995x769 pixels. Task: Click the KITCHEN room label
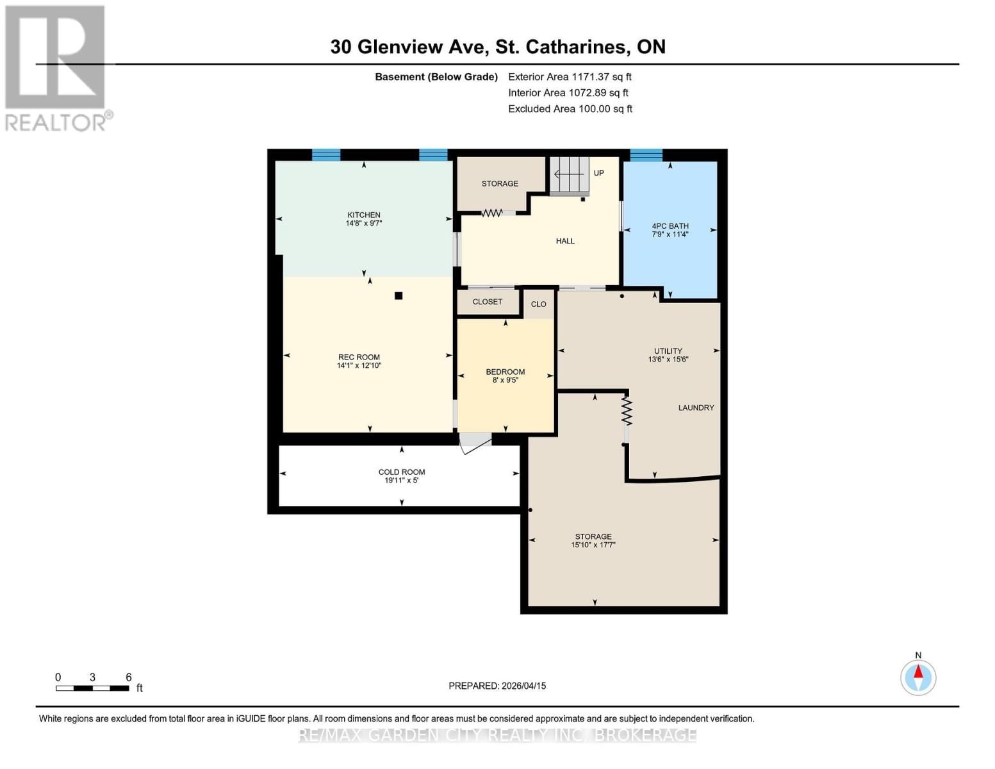tap(363, 215)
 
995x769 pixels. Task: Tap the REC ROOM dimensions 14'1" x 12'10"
tap(359, 366)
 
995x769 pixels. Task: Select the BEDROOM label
tap(505, 372)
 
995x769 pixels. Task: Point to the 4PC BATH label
tap(670, 226)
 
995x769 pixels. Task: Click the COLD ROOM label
tap(401, 472)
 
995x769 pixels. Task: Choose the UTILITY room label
tap(668, 351)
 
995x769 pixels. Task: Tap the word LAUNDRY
tap(696, 408)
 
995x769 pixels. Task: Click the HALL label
tap(564, 241)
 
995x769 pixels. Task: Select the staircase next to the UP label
tap(570, 174)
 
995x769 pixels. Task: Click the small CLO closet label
tap(538, 304)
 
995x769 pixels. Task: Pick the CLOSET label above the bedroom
tap(487, 302)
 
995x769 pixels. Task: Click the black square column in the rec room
tap(399, 295)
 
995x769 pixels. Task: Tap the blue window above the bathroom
tap(646, 154)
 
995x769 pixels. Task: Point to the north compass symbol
tap(918, 677)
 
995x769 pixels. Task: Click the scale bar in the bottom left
tap(92, 688)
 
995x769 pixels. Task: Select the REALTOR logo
tap(56, 68)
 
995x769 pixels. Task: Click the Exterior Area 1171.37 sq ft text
tap(570, 77)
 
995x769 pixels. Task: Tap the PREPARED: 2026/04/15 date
tap(497, 686)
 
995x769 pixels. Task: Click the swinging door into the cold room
tap(474, 443)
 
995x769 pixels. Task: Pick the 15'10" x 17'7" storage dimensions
tap(593, 545)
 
